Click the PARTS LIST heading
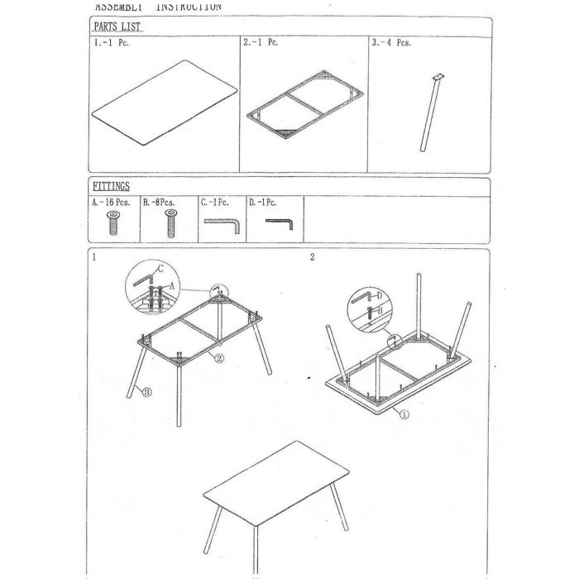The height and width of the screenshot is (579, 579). pyautogui.click(x=116, y=26)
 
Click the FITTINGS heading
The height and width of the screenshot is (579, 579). pyautogui.click(x=110, y=187)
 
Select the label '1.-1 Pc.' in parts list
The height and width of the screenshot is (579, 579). pyautogui.click(x=111, y=43)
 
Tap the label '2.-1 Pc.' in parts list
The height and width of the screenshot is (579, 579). pyautogui.click(x=261, y=43)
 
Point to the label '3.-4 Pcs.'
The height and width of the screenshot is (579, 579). pyautogui.click(x=392, y=43)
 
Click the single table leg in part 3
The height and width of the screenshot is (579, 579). pyautogui.click(x=431, y=116)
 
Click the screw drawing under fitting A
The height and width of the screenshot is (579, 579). pyautogui.click(x=113, y=223)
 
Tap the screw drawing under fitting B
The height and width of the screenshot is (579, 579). pyautogui.click(x=170, y=223)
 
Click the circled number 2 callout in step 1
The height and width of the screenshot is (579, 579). pyautogui.click(x=219, y=358)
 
